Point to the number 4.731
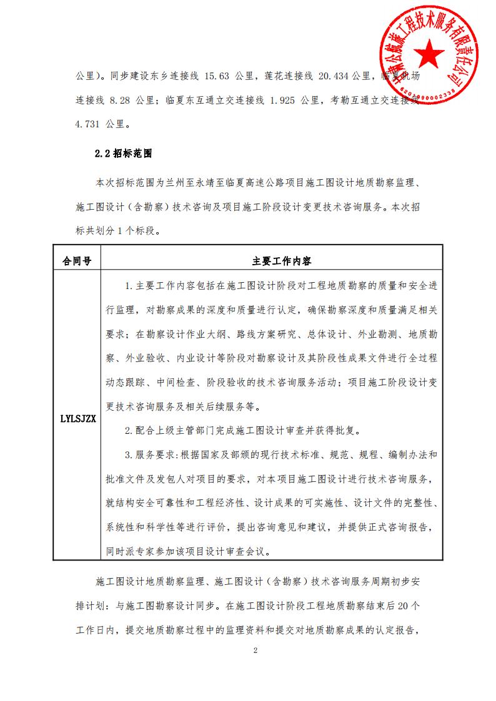[90, 124]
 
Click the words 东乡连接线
[174, 76]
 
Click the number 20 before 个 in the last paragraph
[403, 605]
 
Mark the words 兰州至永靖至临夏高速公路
[217, 183]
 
